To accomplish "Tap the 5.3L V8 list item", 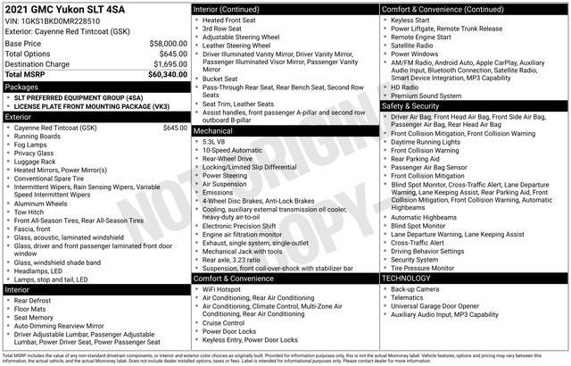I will tap(213, 141).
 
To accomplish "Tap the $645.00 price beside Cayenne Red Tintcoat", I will tap(175, 128).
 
